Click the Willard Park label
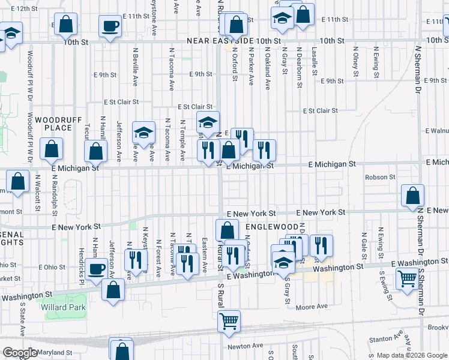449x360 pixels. pyautogui.click(x=64, y=307)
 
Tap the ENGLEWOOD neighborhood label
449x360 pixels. pyautogui.click(x=271, y=227)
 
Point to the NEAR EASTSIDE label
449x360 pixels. pyautogui.click(x=220, y=41)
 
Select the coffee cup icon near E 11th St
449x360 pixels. pyautogui.click(x=110, y=26)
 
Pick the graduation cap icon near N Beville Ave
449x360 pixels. pyautogui.click(x=143, y=133)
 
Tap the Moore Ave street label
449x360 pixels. pyautogui.click(x=312, y=307)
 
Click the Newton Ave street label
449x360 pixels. pyautogui.click(x=245, y=346)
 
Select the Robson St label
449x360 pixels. pyautogui.click(x=381, y=177)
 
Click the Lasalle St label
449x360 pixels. pyautogui.click(x=314, y=59)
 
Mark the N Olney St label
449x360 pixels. pyautogui.click(x=355, y=62)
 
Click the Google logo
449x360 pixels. pyautogui.click(x=19, y=353)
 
